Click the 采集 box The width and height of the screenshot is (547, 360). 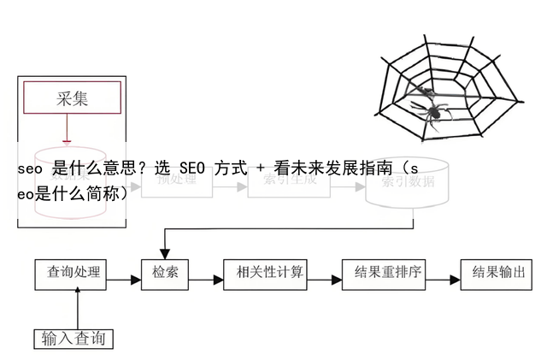pyautogui.click(x=72, y=98)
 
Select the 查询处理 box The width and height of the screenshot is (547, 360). pyautogui.click(x=73, y=274)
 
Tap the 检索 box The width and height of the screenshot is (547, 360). pyautogui.click(x=165, y=274)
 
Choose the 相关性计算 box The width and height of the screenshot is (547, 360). pyautogui.click(x=263, y=274)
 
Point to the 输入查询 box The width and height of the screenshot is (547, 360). pyautogui.click(x=73, y=339)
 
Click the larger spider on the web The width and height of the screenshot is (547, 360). pyautogui.click(x=433, y=110)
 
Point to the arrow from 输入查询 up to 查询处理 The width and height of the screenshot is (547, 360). pyautogui.click(x=78, y=308)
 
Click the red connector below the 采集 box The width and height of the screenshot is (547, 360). pyautogui.click(x=66, y=128)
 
